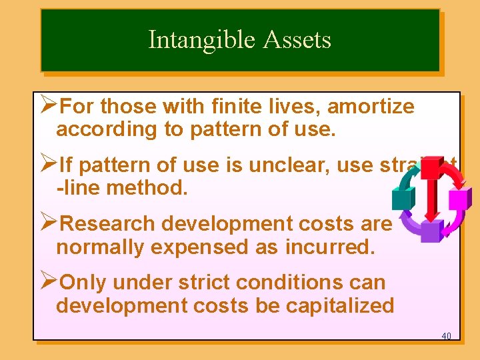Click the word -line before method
pos(79,187)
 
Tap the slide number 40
pos(446,335)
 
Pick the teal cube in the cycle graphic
pos(403,197)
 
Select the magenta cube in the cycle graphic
pos(459,199)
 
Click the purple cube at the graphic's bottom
pos(431,231)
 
